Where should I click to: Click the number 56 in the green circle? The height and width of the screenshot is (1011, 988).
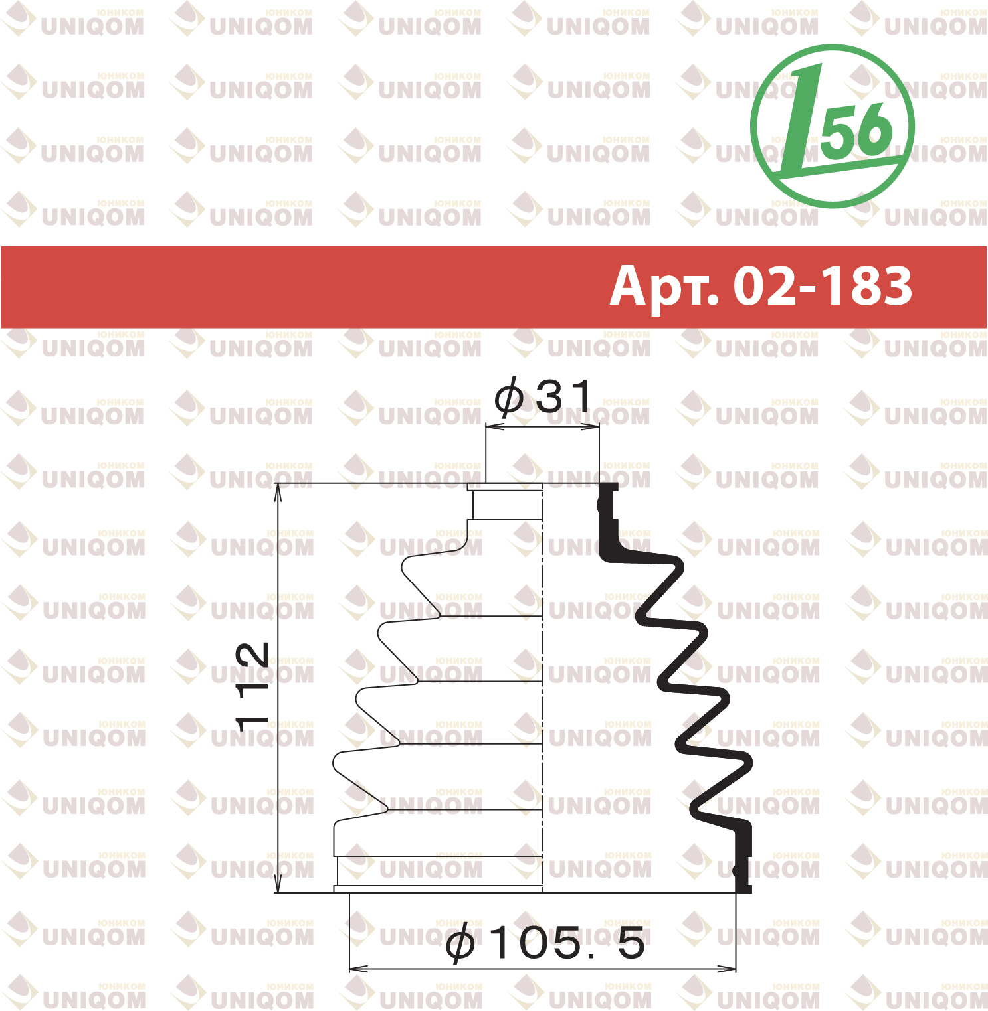click(856, 130)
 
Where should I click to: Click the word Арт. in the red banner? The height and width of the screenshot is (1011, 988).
click(664, 287)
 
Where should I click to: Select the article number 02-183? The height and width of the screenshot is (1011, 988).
click(823, 286)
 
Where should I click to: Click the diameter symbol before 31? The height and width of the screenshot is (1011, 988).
click(508, 397)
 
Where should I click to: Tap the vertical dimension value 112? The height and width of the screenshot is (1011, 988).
click(252, 686)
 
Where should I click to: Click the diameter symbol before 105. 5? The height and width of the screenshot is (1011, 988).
click(460, 943)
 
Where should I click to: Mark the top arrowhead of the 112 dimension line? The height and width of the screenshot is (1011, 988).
click(279, 490)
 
